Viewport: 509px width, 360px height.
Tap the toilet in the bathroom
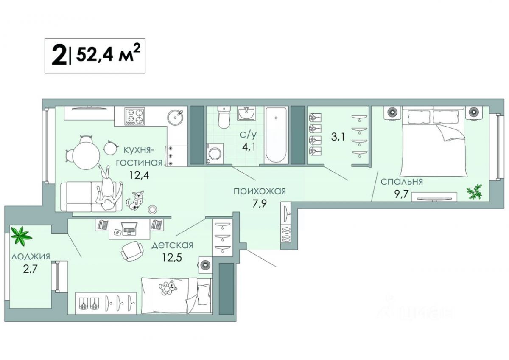click(x=224, y=117)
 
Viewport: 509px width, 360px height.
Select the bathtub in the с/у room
click(x=276, y=135)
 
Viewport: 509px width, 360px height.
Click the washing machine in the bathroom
click(x=215, y=154)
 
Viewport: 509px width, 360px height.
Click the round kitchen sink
click(x=175, y=117)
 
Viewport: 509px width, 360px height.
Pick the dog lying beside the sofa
click(x=136, y=200)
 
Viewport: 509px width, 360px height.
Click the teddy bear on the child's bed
click(x=168, y=287)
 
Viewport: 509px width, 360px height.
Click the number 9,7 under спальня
click(x=401, y=194)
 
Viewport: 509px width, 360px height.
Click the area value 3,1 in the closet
click(x=338, y=137)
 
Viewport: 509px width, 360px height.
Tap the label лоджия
click(x=31, y=257)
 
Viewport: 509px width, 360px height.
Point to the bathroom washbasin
click(x=246, y=113)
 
